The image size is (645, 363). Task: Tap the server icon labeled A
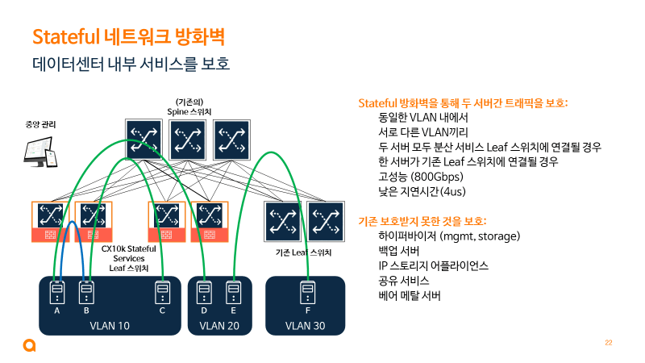point(57,290)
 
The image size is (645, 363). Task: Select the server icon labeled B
point(85,290)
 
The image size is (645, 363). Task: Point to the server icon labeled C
point(162,290)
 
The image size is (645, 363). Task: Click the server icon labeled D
point(204,290)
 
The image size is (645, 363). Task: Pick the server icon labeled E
point(233,290)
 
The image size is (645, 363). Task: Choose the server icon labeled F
point(306,290)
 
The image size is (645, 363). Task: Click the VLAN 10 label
point(109,326)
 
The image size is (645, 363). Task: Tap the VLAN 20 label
point(219,326)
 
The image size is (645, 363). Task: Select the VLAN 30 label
point(306,326)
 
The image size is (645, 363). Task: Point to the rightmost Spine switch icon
point(232,140)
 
